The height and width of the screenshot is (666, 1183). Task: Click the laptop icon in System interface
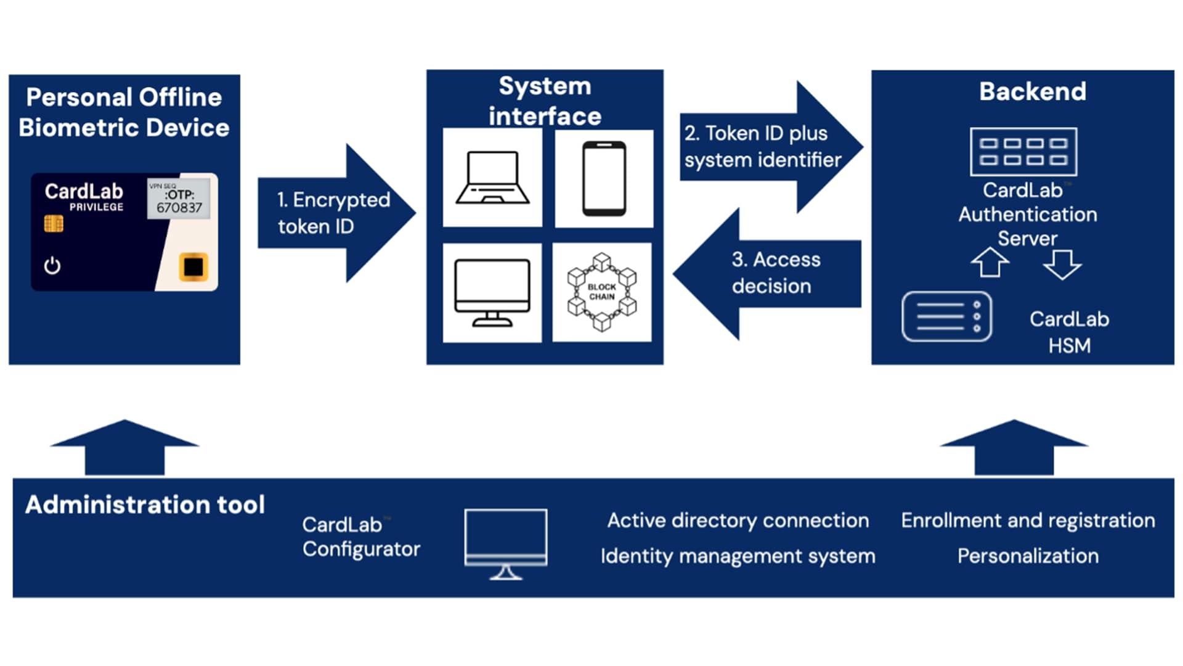492,178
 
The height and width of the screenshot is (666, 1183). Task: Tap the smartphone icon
604,179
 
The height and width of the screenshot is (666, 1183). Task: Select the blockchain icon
601,292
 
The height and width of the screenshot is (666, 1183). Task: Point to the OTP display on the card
179,199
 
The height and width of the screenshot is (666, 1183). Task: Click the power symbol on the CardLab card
52,266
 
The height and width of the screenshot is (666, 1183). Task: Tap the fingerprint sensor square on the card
193,267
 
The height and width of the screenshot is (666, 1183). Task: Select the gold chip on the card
54,223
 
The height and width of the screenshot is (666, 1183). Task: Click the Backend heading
1033,91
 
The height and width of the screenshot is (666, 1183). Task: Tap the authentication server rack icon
1023,152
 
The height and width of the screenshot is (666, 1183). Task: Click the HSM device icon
946,316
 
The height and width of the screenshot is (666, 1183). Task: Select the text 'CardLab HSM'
1069,332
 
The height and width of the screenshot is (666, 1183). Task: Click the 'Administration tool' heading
145,504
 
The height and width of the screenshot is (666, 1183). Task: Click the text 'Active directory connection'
738,520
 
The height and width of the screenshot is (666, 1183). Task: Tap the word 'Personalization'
1028,556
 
